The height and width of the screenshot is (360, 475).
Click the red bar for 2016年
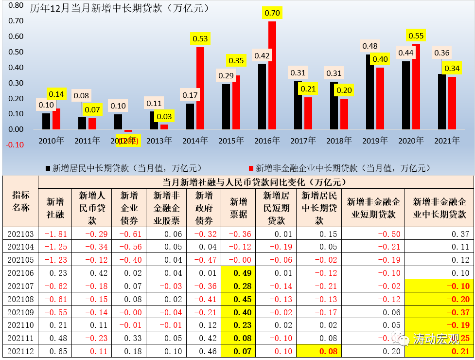pyautogui.click(x=272, y=75)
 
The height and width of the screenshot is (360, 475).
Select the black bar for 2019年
pyautogui.click(x=369, y=92)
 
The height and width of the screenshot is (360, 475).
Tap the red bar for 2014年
pyautogui.click(x=200, y=88)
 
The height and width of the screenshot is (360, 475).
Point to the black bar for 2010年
pyautogui.click(x=46, y=121)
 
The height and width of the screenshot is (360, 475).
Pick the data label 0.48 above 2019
pyautogui.click(x=370, y=46)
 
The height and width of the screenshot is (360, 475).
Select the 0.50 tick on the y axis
pyautogui.click(x=16, y=52)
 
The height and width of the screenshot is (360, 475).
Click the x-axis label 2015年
pyautogui.click(x=231, y=141)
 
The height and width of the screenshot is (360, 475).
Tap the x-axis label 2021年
pyautogui.click(x=447, y=141)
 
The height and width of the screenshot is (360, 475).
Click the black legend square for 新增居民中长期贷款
pyautogui.click(x=48, y=168)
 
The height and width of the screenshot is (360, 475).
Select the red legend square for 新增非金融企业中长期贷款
pyautogui.click(x=251, y=168)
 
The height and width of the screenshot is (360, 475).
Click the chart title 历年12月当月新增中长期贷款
pyautogui.click(x=119, y=8)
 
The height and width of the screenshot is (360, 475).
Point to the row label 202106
pyautogui.click(x=20, y=273)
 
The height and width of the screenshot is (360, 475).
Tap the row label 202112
pyautogui.click(x=20, y=351)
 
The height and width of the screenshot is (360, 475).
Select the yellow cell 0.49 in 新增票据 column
pyautogui.click(x=238, y=273)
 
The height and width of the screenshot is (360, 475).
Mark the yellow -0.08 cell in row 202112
pyautogui.click(x=318, y=351)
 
